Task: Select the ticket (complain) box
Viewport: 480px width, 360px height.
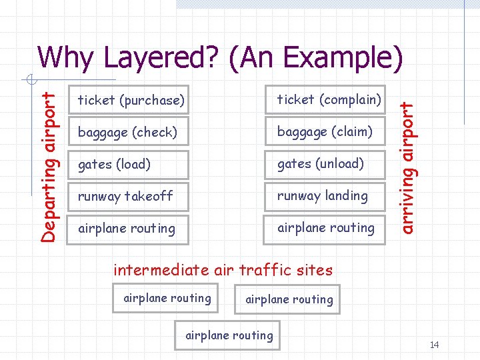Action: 325,100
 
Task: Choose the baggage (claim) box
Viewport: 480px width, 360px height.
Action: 325,132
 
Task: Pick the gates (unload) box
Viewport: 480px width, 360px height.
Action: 325,164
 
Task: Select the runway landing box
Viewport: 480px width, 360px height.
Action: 325,196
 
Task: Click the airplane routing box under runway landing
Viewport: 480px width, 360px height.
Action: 325,228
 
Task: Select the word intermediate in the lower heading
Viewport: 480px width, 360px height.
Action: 155,270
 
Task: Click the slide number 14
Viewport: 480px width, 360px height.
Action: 435,345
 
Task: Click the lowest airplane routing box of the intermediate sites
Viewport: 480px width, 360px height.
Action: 229,335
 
